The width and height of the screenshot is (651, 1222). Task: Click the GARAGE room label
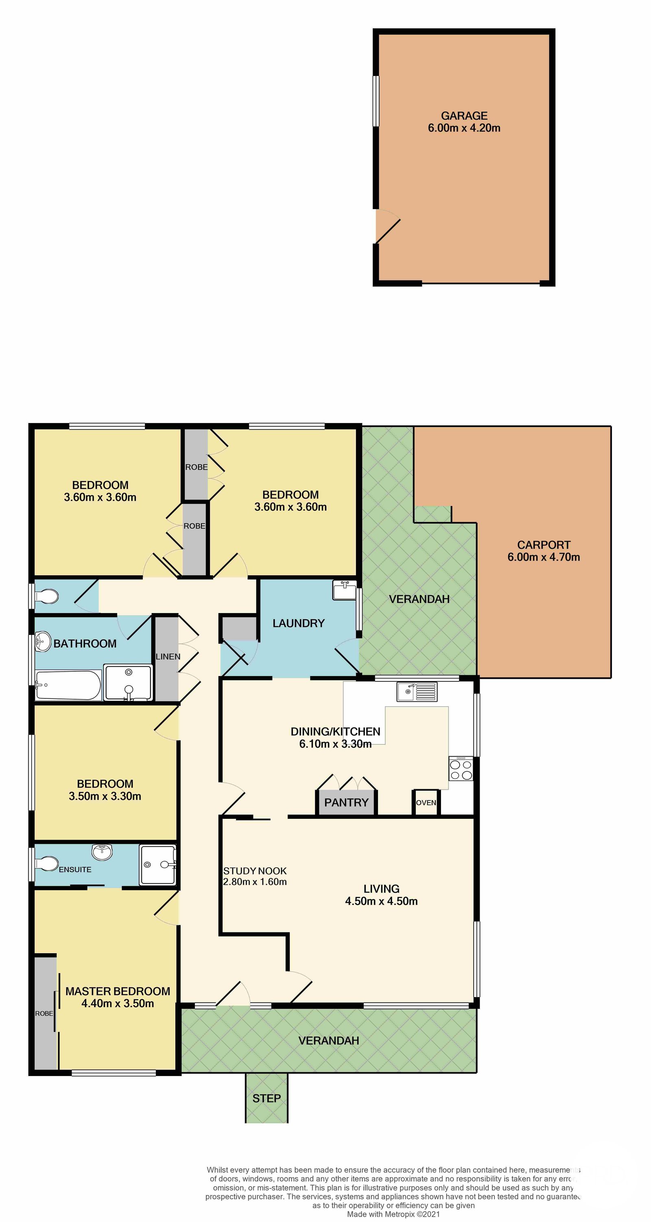pyautogui.click(x=464, y=116)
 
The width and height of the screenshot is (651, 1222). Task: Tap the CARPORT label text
pyautogui.click(x=544, y=545)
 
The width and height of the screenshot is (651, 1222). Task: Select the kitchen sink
pyautogui.click(x=417, y=692)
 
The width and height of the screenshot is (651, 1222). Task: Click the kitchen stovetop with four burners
pyautogui.click(x=461, y=768)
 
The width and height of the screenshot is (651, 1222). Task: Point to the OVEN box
pyautogui.click(x=426, y=803)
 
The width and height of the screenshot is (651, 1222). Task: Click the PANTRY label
pyautogui.click(x=346, y=803)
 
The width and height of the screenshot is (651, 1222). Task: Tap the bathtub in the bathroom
pyautogui.click(x=68, y=685)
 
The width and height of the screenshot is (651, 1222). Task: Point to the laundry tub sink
pyautogui.click(x=345, y=590)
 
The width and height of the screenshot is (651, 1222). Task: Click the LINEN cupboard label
pyautogui.click(x=168, y=657)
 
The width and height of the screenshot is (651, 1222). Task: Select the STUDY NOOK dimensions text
pyautogui.click(x=255, y=882)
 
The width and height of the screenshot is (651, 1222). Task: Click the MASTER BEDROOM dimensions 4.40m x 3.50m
pyautogui.click(x=118, y=1003)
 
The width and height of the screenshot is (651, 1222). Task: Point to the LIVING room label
pyautogui.click(x=382, y=889)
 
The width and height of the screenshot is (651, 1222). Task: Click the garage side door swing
pyautogui.click(x=388, y=227)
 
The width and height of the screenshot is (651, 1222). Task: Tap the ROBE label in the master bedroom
pyautogui.click(x=44, y=1013)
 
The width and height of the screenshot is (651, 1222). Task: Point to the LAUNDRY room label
pyautogui.click(x=299, y=623)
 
